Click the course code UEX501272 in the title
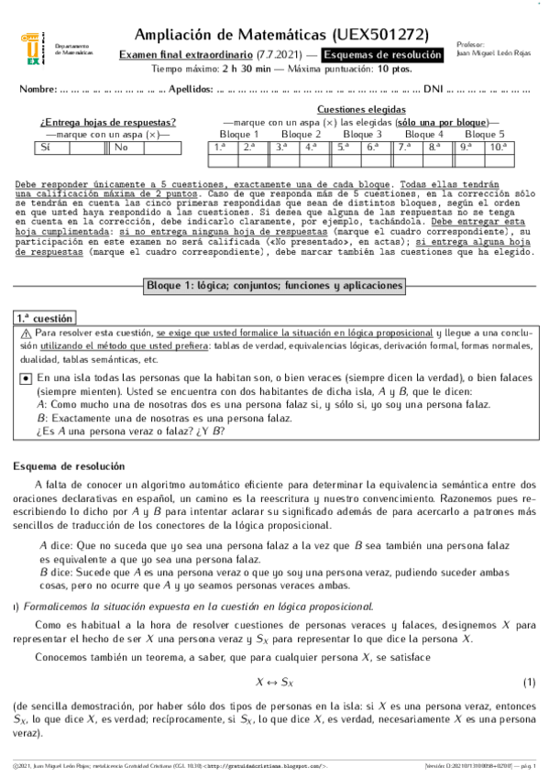click(378, 35)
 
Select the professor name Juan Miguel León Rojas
click(491, 52)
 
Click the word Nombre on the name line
click(37, 90)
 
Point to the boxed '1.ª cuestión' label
click(47, 318)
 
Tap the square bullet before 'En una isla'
click(26, 378)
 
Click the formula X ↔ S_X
click(273, 683)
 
